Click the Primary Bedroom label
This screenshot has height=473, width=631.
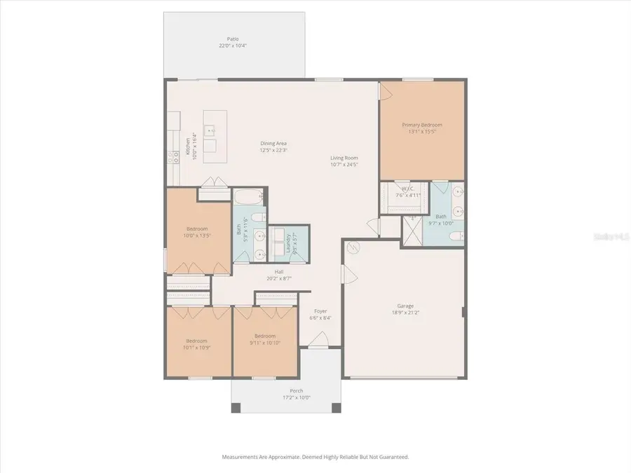pyautogui.click(x=422, y=125)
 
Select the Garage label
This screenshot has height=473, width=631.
pyautogui.click(x=405, y=306)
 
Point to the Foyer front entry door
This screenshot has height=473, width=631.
pyautogui.click(x=318, y=341)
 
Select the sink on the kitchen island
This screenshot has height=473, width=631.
pyautogui.click(x=209, y=130)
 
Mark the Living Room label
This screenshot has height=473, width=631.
pyautogui.click(x=344, y=158)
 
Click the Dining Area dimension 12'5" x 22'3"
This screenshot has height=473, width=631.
pyautogui.click(x=273, y=151)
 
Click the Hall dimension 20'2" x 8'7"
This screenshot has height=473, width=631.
pyautogui.click(x=278, y=278)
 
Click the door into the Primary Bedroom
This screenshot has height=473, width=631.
pyautogui.click(x=384, y=90)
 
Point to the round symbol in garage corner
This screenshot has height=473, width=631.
pyautogui.click(x=353, y=247)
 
